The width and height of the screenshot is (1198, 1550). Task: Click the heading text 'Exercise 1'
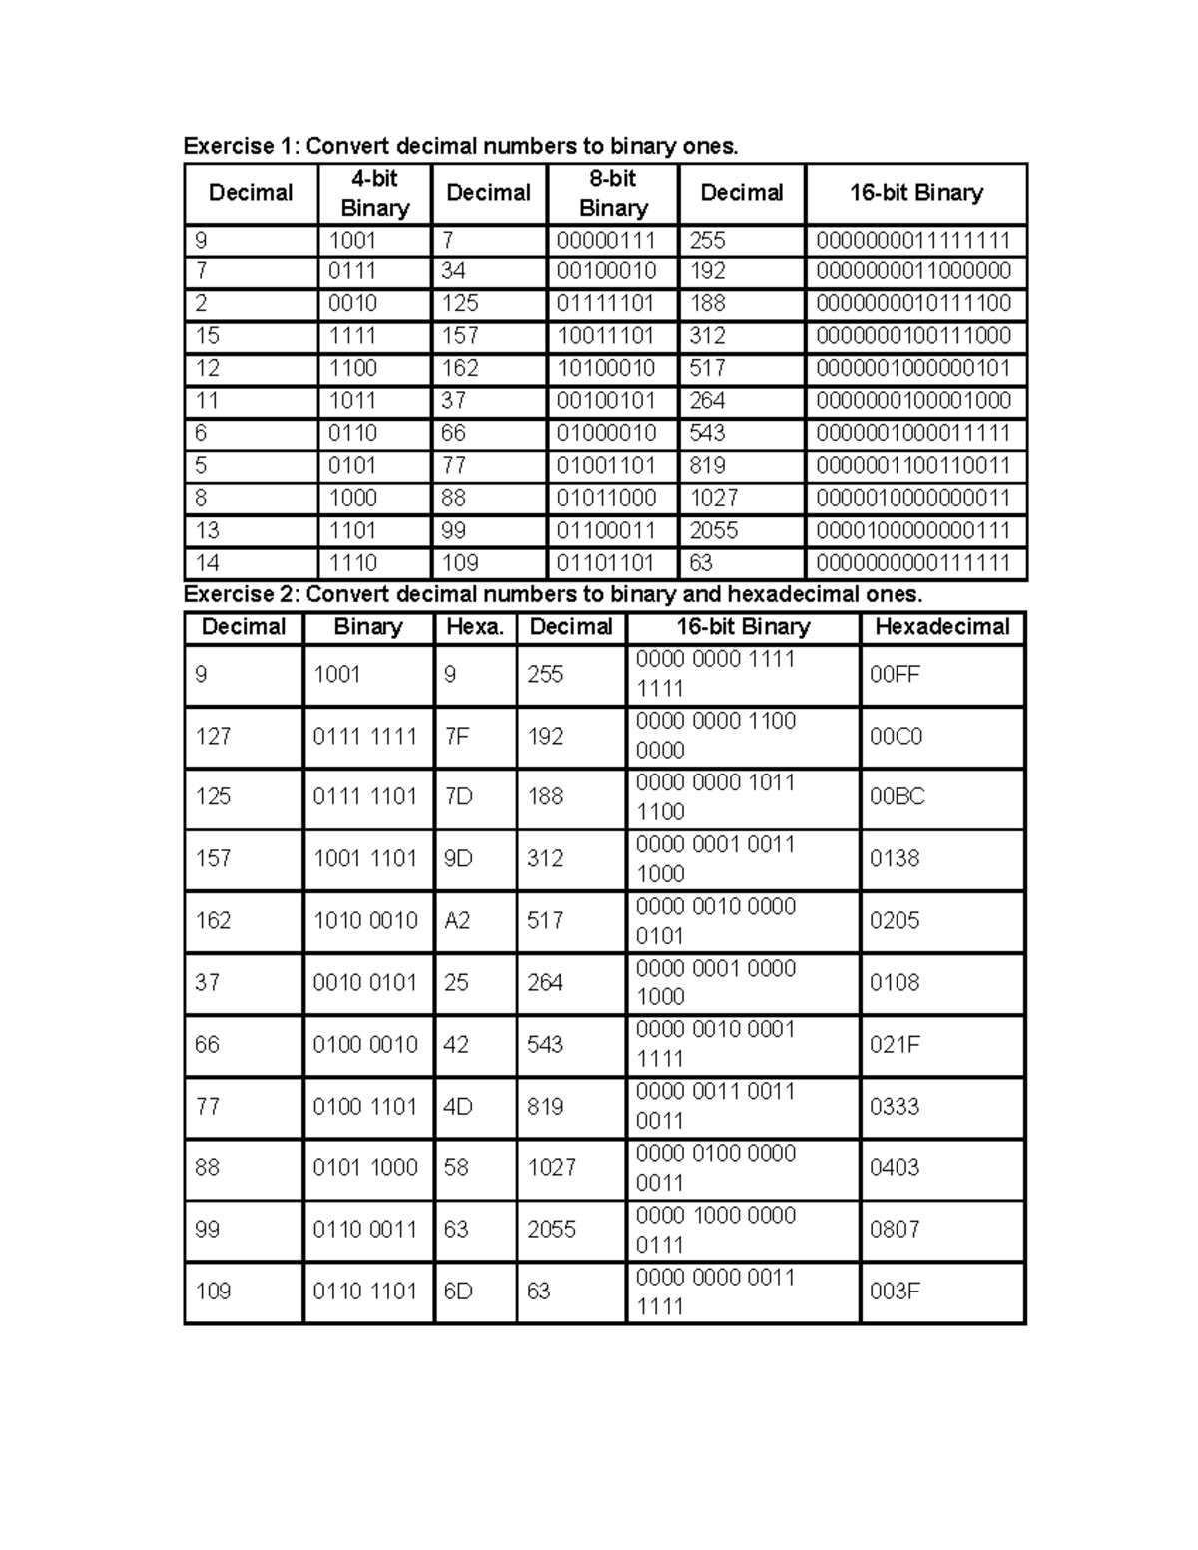[241, 146]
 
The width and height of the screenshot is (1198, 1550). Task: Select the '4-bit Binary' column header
[374, 193]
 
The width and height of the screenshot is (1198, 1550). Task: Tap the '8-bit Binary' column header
[613, 193]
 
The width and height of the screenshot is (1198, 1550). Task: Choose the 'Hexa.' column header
[474, 627]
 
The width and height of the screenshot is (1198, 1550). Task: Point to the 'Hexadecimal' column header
[941, 627]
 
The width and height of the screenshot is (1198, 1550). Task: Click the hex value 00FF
[895, 675]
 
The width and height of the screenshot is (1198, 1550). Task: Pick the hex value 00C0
[896, 737]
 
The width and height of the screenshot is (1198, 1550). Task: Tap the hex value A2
[456, 920]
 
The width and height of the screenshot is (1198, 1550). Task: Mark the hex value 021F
[895, 1044]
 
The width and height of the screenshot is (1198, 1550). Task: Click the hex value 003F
[894, 1292]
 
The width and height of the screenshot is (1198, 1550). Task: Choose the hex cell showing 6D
[458, 1292]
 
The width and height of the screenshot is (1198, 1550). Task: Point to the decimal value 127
[213, 737]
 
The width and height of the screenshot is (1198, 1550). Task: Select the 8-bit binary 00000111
[605, 241]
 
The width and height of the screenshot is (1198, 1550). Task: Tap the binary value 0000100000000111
[912, 531]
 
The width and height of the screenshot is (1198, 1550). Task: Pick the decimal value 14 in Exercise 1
[208, 563]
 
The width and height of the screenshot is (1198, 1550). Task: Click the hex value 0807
[895, 1230]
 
